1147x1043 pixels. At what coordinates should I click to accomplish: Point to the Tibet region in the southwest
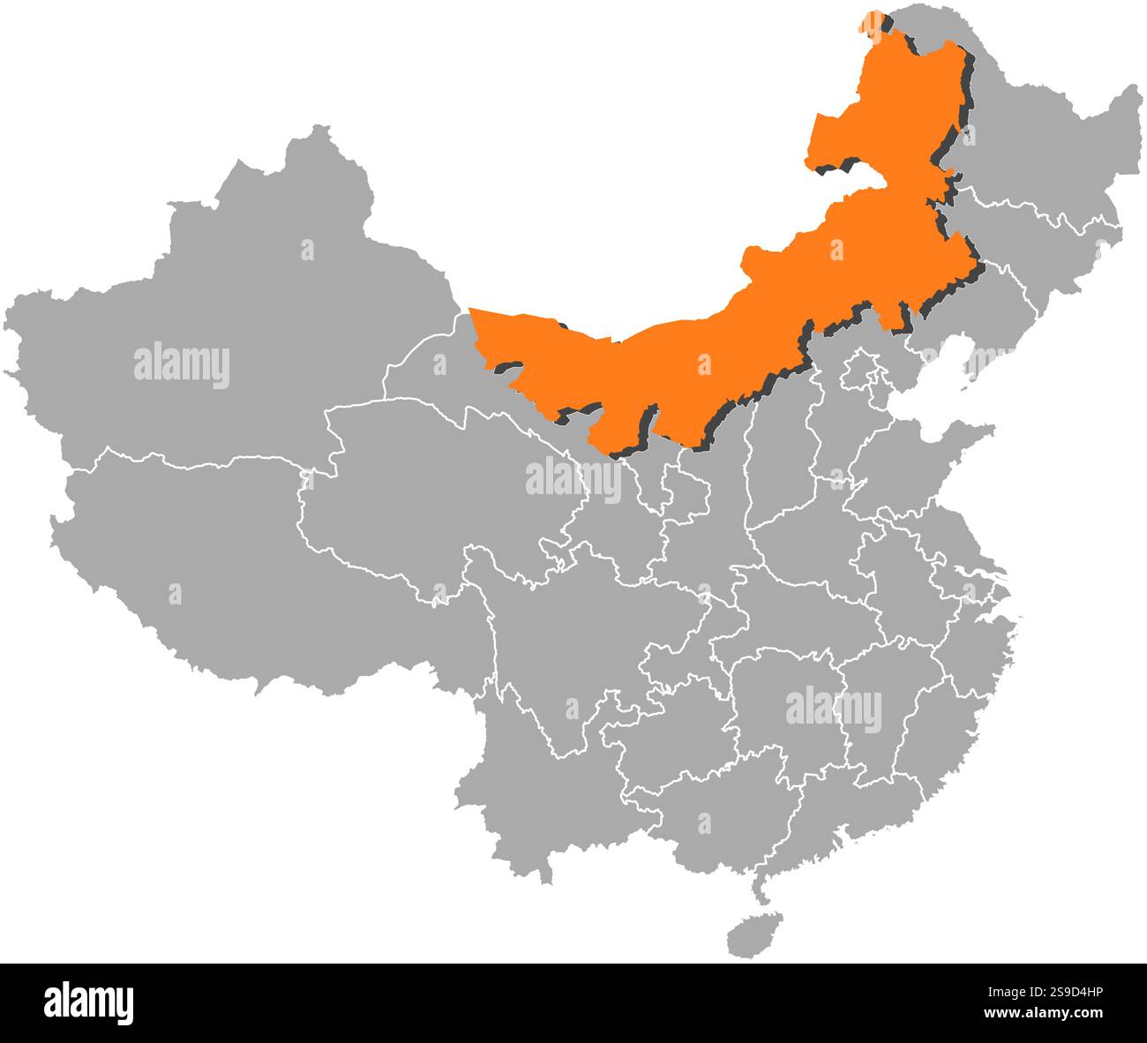click(221, 565)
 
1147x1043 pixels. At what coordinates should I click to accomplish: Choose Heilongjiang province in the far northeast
click(1041, 150)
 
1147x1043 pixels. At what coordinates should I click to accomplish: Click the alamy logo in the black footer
click(89, 1002)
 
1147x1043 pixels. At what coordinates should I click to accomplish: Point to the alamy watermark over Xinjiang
click(182, 366)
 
